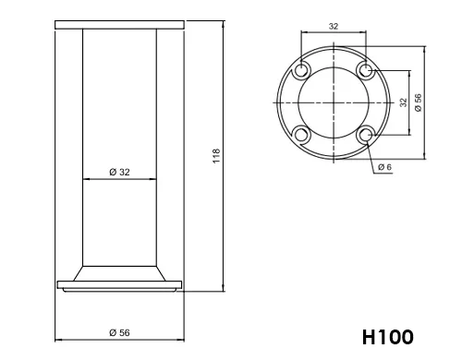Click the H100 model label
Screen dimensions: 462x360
pyautogui.click(x=388, y=337)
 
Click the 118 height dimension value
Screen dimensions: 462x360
pyautogui.click(x=217, y=156)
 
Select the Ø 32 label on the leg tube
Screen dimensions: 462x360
pyautogui.click(x=119, y=172)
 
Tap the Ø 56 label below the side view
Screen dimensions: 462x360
pyautogui.click(x=119, y=332)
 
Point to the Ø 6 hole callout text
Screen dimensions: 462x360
pyautogui.click(x=384, y=167)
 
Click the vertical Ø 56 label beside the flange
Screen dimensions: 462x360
pyautogui.click(x=418, y=102)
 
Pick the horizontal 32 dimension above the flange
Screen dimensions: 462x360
pyautogui.click(x=334, y=27)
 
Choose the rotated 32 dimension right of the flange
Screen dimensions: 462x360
pyautogui.click(x=403, y=102)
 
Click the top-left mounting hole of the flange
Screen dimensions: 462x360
pyautogui.click(x=300, y=70)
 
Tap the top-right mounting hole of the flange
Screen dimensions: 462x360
pyautogui.click(x=366, y=70)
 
